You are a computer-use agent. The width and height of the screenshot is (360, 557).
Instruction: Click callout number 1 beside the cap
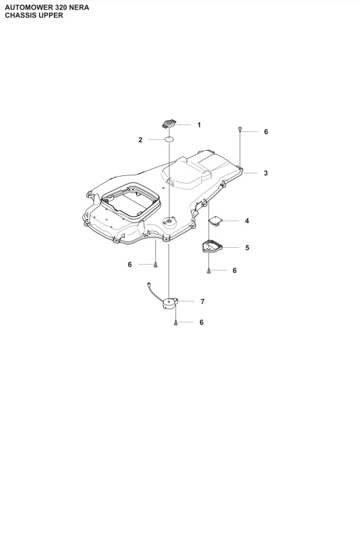pyautogui.click(x=199, y=124)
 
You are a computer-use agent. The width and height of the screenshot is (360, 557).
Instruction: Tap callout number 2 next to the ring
pyautogui.click(x=141, y=140)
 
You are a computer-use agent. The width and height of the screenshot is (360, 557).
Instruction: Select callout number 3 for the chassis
pyautogui.click(x=265, y=173)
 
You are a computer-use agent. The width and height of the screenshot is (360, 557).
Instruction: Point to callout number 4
pyautogui.click(x=247, y=221)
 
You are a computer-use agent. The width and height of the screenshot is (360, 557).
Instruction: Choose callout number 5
pyautogui.click(x=247, y=247)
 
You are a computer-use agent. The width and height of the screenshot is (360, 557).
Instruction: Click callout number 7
pyautogui.click(x=203, y=301)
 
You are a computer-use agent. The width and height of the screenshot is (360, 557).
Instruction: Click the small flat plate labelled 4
pyautogui.click(x=216, y=221)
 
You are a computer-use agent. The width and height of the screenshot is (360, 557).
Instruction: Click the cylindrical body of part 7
pyautogui.click(x=171, y=302)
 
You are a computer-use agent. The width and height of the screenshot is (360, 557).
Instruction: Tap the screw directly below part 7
pyautogui.click(x=175, y=322)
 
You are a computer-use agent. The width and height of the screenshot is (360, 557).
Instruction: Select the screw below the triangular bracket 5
pyautogui.click(x=208, y=270)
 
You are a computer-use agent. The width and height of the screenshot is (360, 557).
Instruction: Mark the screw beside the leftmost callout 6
pyautogui.click(x=155, y=264)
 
